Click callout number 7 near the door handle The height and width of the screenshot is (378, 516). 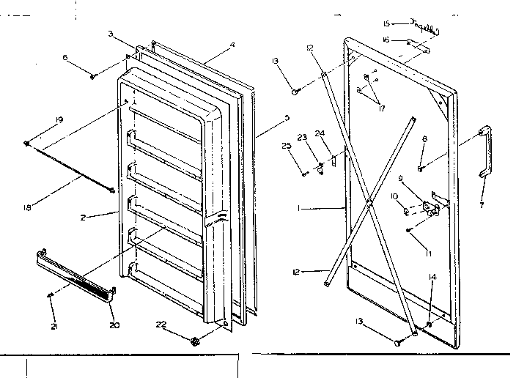482,206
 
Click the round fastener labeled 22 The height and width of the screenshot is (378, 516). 195,341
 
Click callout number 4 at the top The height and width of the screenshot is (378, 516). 232,45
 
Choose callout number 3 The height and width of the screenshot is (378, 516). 110,34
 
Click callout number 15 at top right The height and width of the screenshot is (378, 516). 387,23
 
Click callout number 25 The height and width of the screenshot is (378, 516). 286,147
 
